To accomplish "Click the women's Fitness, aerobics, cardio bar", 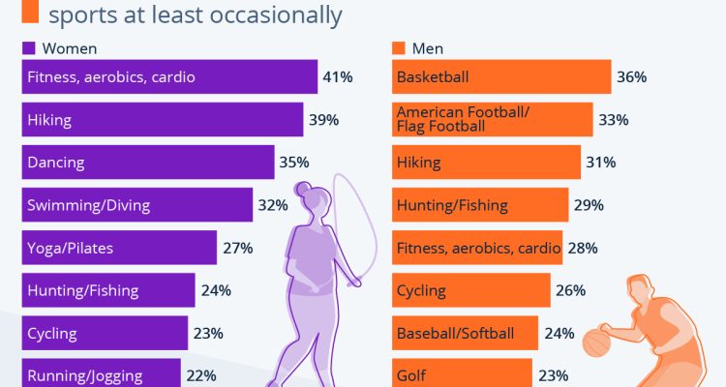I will pyautogui.click(x=169, y=77).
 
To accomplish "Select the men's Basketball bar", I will pyautogui.click(x=500, y=77).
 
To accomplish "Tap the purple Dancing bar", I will pyautogui.click(x=147, y=163).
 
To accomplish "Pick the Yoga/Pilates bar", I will pyautogui.click(x=119, y=248).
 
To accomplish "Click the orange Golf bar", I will pyautogui.click(x=462, y=374).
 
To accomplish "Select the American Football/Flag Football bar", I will pyautogui.click(x=492, y=120).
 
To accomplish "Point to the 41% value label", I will pyautogui.click(x=338, y=77).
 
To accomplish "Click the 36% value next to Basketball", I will pyautogui.click(x=631, y=77).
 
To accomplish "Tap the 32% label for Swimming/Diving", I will pyautogui.click(x=273, y=205).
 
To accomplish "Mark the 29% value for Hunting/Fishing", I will pyautogui.click(x=589, y=205).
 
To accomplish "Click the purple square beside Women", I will pyautogui.click(x=28, y=47).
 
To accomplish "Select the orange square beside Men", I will pyautogui.click(x=398, y=47).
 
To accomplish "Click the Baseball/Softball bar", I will pyautogui.click(x=466, y=333).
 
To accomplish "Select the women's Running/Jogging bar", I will pyautogui.click(x=101, y=374).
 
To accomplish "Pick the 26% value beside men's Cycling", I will pyautogui.click(x=570, y=290).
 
